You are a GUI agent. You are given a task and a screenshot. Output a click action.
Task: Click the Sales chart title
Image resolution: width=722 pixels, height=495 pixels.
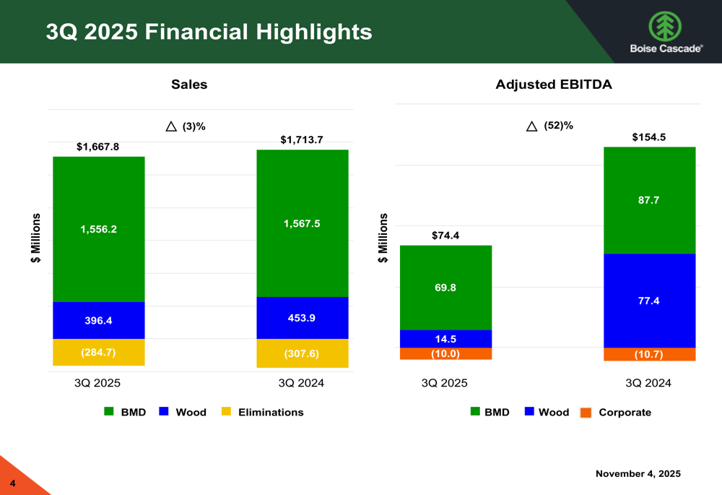(x=189, y=85)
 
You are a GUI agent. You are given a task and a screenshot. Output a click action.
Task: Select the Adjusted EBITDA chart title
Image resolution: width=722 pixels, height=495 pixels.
(x=554, y=85)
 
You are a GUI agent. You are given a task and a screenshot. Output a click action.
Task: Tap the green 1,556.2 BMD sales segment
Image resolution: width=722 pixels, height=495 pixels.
(x=99, y=228)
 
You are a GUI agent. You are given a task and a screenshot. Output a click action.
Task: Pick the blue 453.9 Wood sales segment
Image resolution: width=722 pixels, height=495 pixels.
(x=302, y=318)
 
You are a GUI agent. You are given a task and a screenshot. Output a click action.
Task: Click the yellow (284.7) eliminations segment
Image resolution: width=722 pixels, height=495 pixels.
(x=99, y=353)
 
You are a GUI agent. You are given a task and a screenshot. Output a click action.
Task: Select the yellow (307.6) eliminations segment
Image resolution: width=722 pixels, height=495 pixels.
(x=302, y=353)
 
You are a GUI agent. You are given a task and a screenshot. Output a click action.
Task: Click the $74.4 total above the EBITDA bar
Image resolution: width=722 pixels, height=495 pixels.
(x=445, y=235)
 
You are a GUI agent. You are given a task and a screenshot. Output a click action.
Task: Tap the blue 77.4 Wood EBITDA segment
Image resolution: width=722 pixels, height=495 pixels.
(x=649, y=301)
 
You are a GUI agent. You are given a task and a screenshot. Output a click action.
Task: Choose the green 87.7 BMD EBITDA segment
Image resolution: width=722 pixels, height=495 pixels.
(x=649, y=200)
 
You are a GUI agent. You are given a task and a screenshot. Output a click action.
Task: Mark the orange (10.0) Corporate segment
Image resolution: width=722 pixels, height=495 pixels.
(x=445, y=353)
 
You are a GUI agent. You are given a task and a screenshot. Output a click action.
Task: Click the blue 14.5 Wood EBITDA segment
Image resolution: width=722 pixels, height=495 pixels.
(x=445, y=338)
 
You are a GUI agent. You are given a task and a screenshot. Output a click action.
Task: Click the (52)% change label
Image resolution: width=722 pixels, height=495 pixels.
(x=558, y=126)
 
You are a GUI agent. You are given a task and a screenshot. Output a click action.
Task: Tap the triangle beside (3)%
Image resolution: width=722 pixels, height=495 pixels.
(x=171, y=126)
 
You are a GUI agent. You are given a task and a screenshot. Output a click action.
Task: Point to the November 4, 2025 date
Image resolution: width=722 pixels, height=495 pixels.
(x=638, y=473)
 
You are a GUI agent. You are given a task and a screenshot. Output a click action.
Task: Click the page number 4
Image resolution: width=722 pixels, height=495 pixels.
(x=12, y=482)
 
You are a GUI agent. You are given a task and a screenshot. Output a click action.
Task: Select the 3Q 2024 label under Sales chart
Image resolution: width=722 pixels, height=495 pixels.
(x=302, y=383)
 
